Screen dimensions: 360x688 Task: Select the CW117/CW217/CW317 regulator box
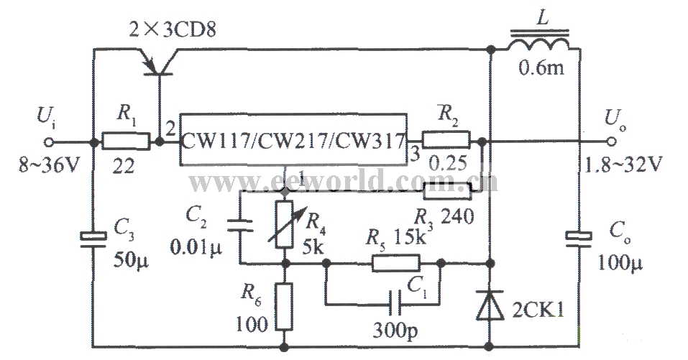[x=293, y=140]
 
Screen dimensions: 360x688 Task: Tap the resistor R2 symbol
[x=446, y=141]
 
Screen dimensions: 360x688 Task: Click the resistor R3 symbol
[x=447, y=190]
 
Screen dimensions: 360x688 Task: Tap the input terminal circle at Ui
[x=50, y=141]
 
